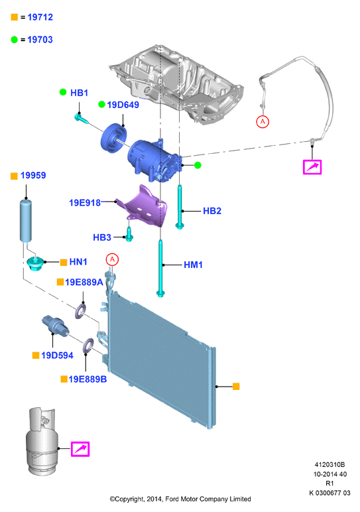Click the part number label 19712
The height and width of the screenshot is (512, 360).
[40, 17]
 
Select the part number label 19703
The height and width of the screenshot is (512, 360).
[40, 40]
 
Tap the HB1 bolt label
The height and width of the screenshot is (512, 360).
[80, 93]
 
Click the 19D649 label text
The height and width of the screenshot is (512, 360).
[123, 105]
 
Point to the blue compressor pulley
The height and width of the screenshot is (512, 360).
[113, 137]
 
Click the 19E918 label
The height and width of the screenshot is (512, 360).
[85, 203]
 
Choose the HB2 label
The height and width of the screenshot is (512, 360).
[212, 211]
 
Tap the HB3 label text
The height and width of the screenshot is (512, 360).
[102, 237]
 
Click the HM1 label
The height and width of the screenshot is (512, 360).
[193, 265]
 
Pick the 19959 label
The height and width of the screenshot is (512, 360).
[33, 175]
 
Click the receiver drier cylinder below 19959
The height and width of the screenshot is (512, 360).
[26, 221]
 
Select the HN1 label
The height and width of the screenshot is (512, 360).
[78, 262]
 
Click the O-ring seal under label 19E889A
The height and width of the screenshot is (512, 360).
[81, 311]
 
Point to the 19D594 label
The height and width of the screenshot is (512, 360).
[57, 355]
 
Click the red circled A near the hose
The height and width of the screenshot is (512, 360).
[263, 122]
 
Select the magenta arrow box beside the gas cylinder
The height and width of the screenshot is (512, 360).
[80, 449]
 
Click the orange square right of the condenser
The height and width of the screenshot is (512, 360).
[236, 387]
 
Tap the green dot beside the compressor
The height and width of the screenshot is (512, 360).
[198, 165]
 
